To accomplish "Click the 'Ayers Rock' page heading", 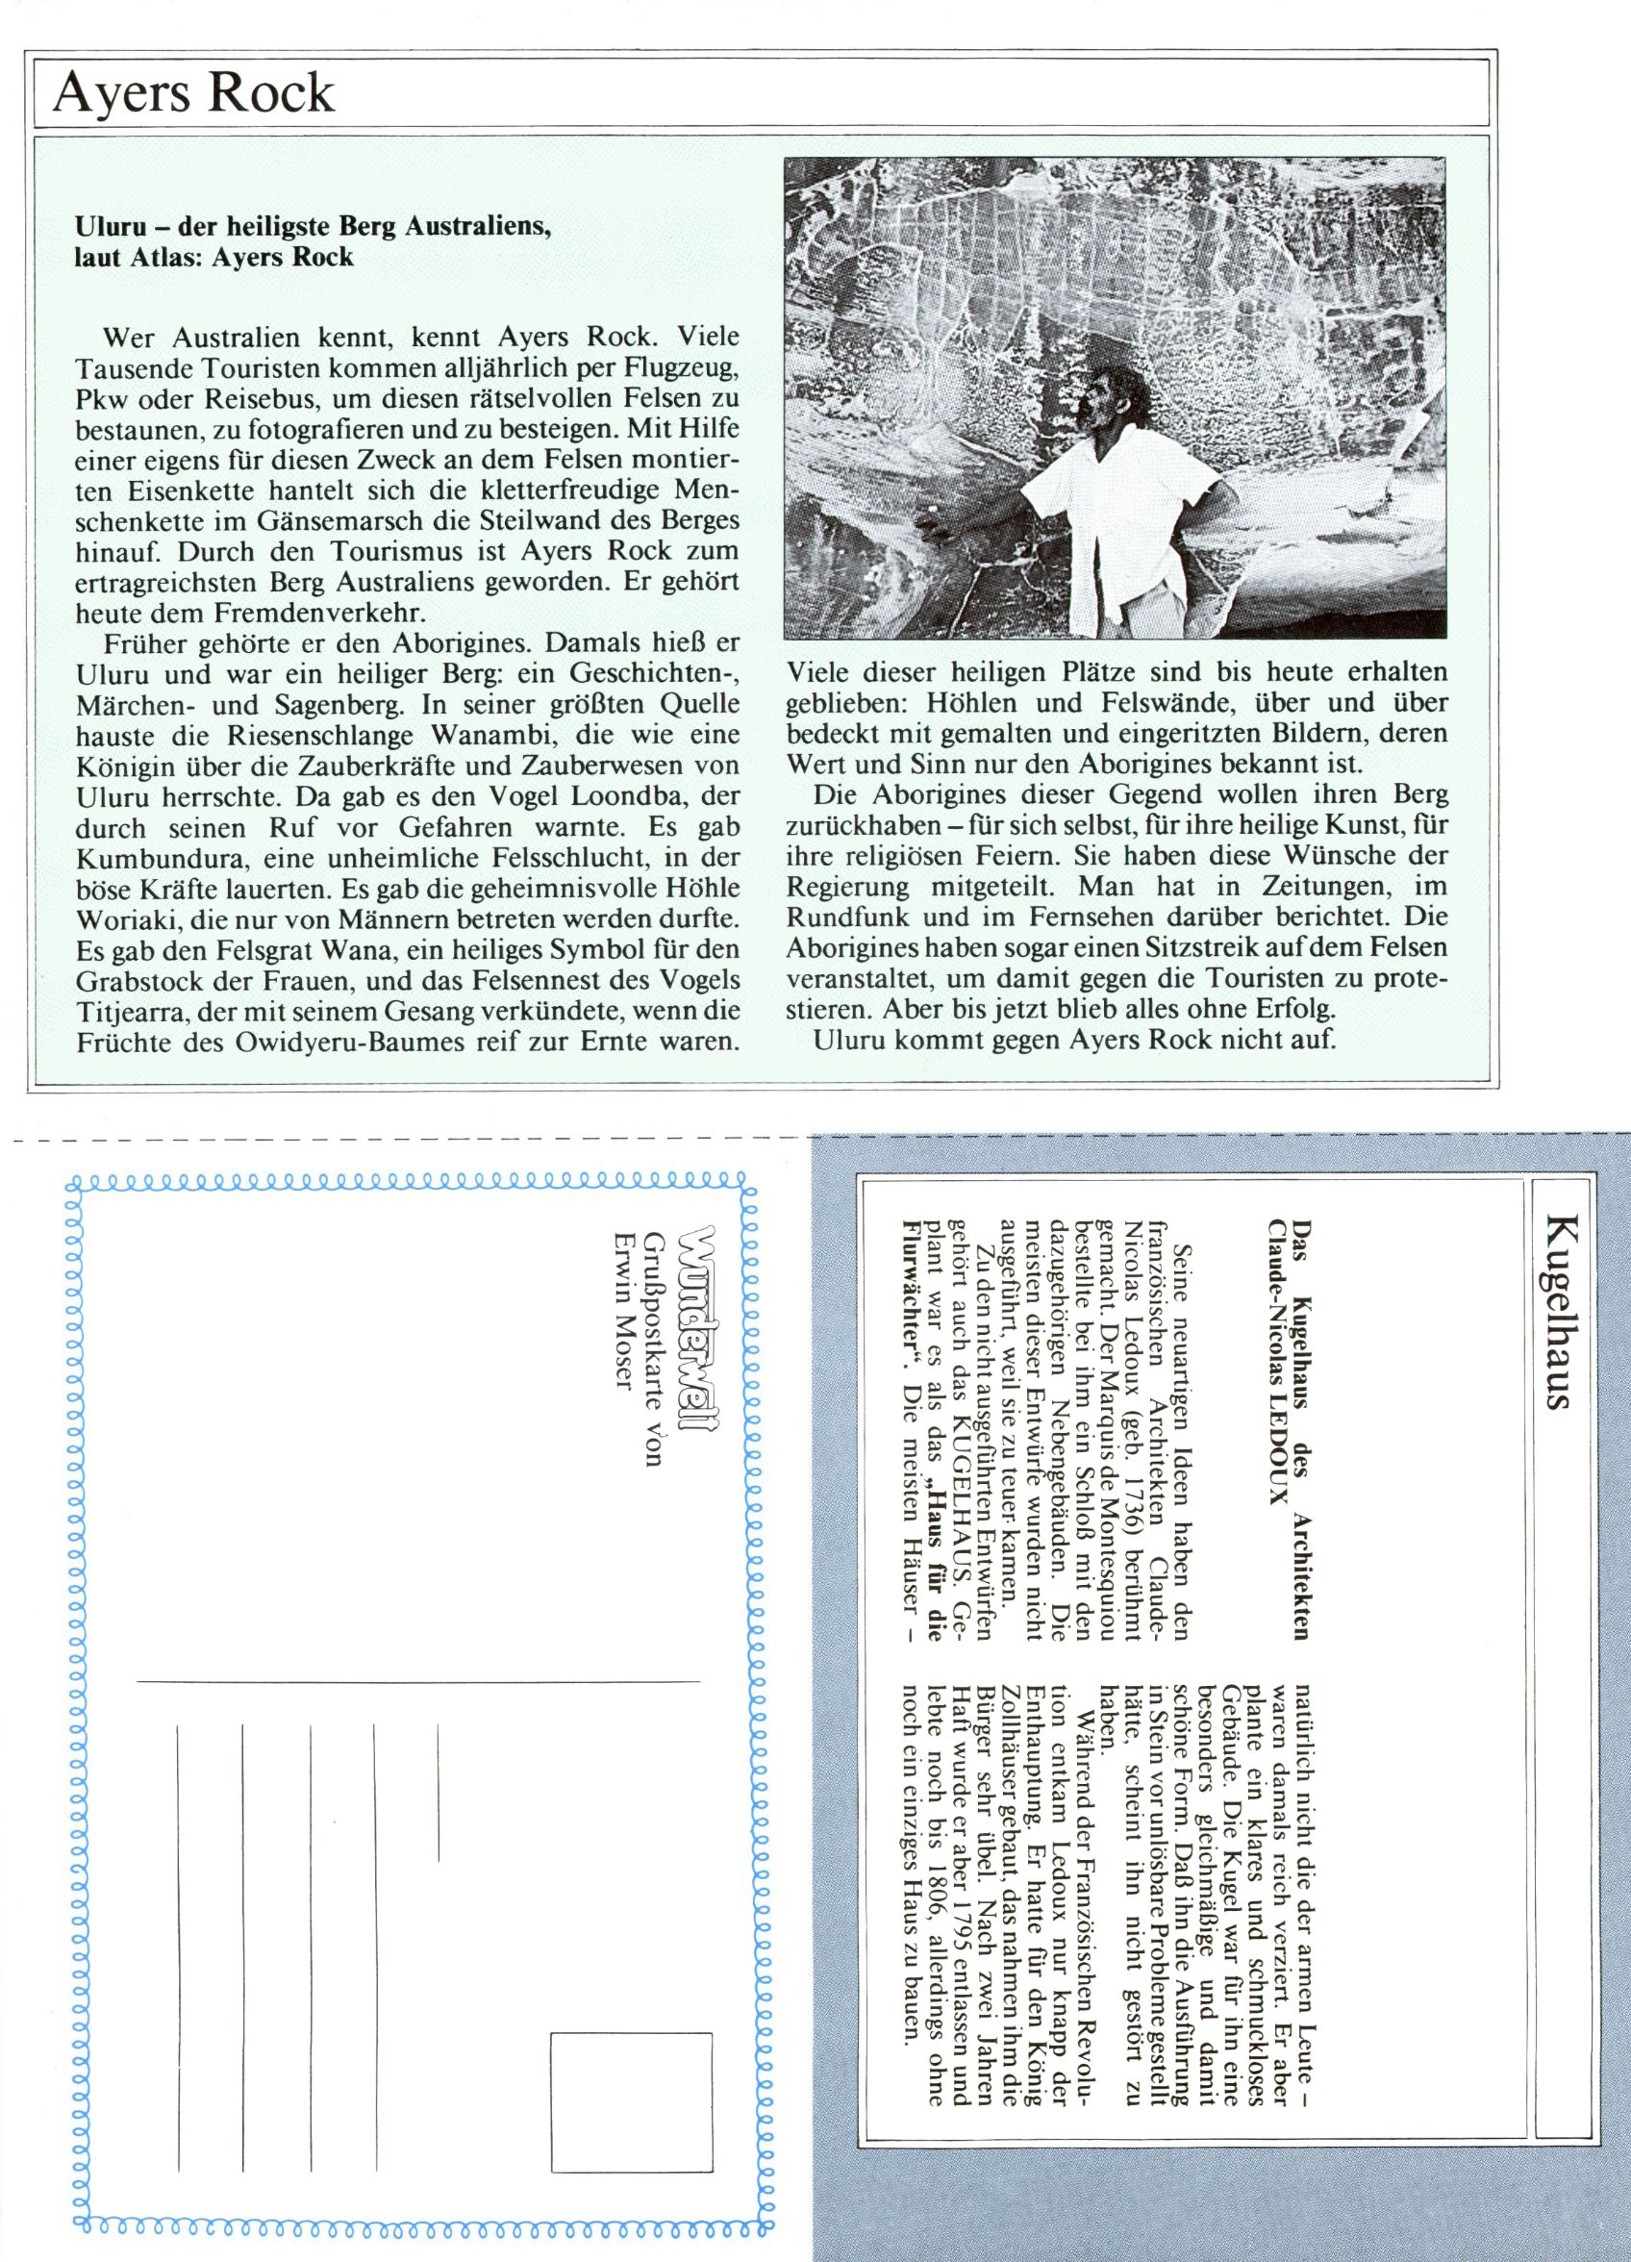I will pyautogui.click(x=193, y=92).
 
